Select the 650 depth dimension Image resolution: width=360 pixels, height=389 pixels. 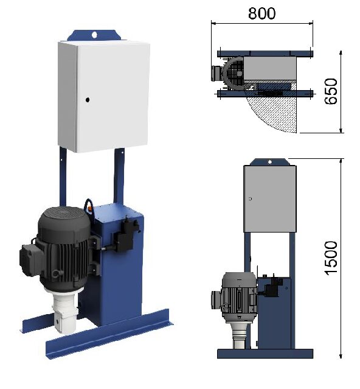coord(331,92)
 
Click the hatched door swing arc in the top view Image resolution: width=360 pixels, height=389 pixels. coord(274,113)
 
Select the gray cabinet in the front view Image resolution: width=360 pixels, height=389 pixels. coord(269,199)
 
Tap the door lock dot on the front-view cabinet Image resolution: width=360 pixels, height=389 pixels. coord(249,198)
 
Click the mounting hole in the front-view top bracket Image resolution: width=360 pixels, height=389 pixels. coord(269,161)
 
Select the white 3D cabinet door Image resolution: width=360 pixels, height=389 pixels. coord(103,97)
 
